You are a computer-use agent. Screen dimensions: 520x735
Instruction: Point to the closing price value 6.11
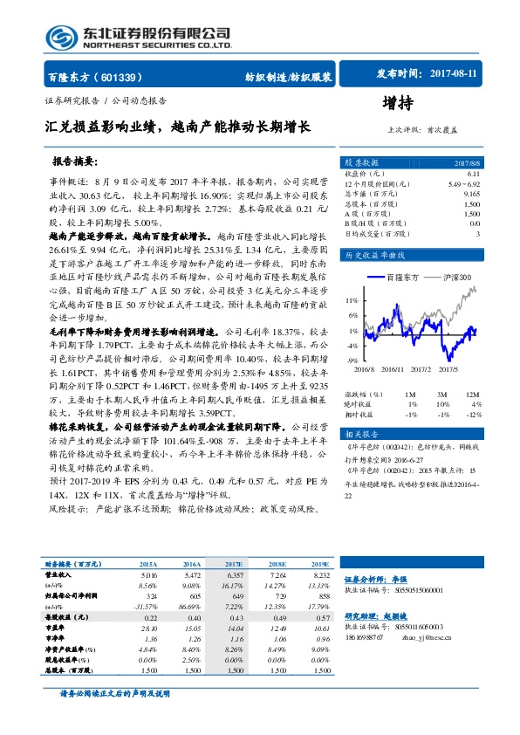pyautogui.click(x=471, y=175)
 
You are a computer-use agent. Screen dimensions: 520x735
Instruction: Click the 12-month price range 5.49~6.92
pyautogui.click(x=462, y=185)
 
